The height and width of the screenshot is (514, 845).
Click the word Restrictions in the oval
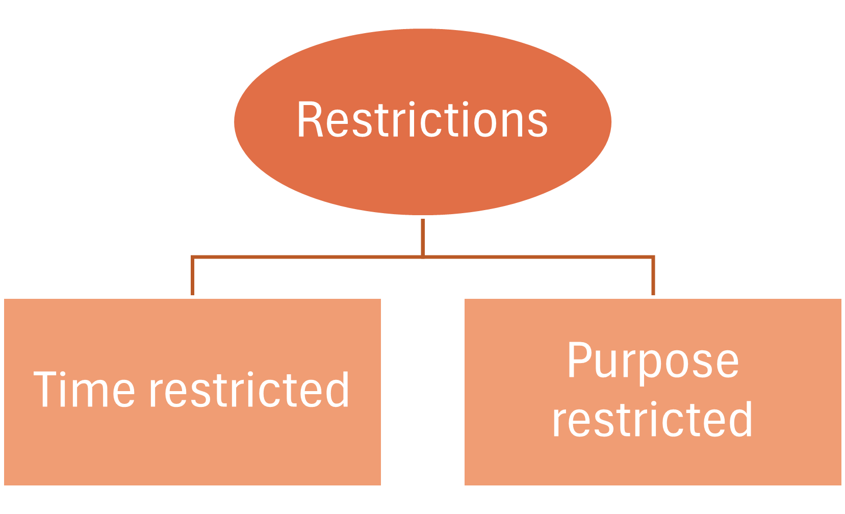pos(422,120)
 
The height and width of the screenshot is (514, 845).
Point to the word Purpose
pos(653,361)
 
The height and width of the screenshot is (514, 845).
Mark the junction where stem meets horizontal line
pos(423,256)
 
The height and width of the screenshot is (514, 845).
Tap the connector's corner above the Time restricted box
pos(193,257)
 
